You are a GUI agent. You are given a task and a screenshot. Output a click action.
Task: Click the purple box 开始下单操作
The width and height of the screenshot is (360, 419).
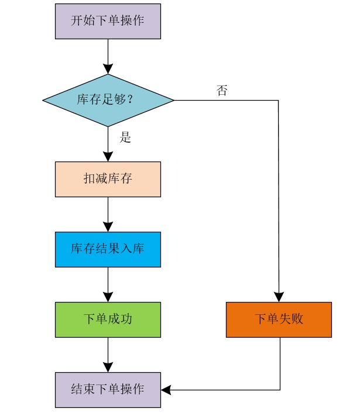click(108, 21)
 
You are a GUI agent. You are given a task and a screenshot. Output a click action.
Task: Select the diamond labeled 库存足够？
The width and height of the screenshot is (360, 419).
click(108, 100)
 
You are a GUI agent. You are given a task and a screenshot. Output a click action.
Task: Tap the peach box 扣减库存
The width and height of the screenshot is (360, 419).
click(108, 179)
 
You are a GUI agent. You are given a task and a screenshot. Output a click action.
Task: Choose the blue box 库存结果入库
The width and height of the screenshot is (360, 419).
click(108, 249)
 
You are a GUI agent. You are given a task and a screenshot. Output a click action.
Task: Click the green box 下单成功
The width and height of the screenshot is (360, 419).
click(108, 320)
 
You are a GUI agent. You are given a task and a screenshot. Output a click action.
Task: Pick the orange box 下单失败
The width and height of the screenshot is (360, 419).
click(279, 320)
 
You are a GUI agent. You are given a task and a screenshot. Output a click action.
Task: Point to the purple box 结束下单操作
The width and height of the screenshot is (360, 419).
click(108, 390)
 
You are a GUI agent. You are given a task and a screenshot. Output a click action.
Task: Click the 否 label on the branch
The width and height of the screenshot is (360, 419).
click(222, 91)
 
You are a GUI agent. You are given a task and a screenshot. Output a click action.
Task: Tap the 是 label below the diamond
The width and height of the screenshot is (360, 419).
click(125, 138)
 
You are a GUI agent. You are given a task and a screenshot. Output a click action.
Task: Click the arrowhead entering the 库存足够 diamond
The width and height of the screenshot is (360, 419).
click(108, 69)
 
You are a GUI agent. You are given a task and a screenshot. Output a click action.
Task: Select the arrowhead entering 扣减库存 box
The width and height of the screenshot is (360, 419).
click(108, 157)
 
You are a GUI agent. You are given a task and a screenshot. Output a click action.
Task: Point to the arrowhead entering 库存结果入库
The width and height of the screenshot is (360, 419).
click(108, 227)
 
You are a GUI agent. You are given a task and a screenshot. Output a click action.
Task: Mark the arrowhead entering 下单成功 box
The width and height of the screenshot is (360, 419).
click(108, 297)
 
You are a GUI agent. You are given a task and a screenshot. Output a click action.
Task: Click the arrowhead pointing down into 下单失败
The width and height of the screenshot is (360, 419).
click(279, 297)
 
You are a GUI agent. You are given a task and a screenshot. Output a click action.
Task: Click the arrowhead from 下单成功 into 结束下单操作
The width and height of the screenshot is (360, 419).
click(108, 368)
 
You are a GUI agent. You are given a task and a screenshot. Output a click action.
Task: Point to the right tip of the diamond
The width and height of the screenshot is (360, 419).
click(173, 100)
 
